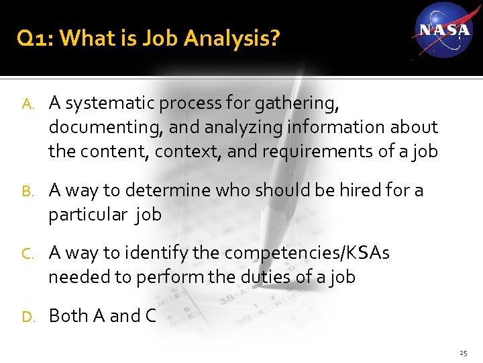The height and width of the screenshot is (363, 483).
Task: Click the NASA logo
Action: coord(443,30)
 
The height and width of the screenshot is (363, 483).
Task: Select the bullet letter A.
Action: coord(27,104)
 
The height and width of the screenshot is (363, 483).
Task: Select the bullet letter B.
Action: coord(27,192)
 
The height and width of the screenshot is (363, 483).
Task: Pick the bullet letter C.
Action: coord(27,254)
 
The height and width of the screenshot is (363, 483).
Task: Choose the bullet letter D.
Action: coord(27,317)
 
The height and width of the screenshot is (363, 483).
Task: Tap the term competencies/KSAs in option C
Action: coord(307,253)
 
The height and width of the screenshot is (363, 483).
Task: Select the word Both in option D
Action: coord(67,316)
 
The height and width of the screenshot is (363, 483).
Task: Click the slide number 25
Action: coord(463,353)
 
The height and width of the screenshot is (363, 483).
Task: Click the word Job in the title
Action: coord(161,39)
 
